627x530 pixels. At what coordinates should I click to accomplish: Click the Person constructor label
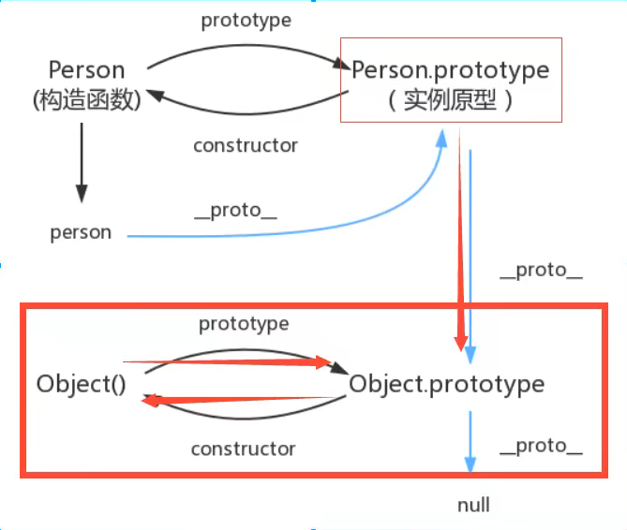tap(86, 70)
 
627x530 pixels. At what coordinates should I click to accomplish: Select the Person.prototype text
tap(450, 69)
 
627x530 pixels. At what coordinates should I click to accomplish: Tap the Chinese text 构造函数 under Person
tap(86, 99)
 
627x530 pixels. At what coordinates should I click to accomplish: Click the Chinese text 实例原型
tap(450, 101)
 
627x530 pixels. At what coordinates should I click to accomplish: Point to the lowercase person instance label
tap(81, 232)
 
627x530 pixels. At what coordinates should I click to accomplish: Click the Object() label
tap(82, 384)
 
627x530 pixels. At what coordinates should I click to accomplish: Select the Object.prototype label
tap(446, 384)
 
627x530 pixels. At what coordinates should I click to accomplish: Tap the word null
tap(473, 505)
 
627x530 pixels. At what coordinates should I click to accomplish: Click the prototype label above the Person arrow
tap(246, 20)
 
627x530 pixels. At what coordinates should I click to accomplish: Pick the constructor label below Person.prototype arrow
tap(246, 145)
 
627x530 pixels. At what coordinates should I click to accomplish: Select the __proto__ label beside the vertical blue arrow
tap(541, 271)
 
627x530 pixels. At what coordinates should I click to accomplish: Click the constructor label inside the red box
tap(244, 449)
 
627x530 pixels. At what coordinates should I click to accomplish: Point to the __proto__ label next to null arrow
tap(541, 446)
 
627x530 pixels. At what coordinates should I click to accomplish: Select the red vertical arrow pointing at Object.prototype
tap(460, 243)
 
